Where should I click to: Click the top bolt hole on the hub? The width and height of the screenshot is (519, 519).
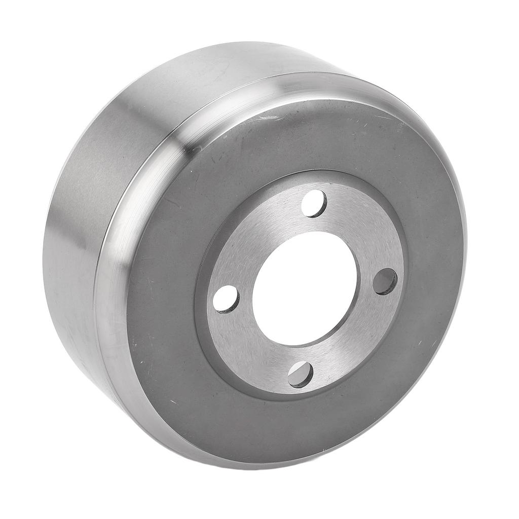click(x=314, y=204)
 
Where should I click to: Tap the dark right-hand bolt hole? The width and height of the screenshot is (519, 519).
click(x=385, y=282)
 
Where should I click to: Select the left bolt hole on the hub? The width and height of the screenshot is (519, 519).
click(x=226, y=299)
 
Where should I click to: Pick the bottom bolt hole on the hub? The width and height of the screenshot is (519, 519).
click(x=301, y=375)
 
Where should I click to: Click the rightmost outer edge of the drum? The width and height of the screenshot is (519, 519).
click(x=465, y=243)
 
